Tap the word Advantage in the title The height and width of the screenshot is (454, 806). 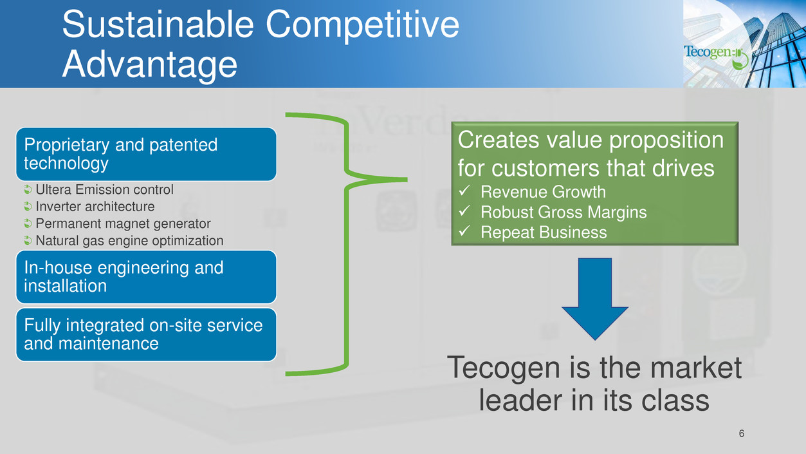pyautogui.click(x=149, y=65)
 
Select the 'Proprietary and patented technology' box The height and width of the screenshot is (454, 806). pyautogui.click(x=146, y=154)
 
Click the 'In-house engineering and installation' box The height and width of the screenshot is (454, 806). pyautogui.click(x=146, y=276)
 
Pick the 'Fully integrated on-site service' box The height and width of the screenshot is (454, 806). pyautogui.click(x=146, y=334)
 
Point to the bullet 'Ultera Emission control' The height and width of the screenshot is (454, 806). pyautogui.click(x=104, y=190)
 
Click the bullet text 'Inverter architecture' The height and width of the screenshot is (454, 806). pyautogui.click(x=95, y=207)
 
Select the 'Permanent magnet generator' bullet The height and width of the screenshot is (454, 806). pyautogui.click(x=123, y=223)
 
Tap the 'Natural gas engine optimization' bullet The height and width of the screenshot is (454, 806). pyautogui.click(x=129, y=241)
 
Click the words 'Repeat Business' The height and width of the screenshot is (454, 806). pyautogui.click(x=544, y=232)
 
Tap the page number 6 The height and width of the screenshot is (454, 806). pyautogui.click(x=742, y=433)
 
